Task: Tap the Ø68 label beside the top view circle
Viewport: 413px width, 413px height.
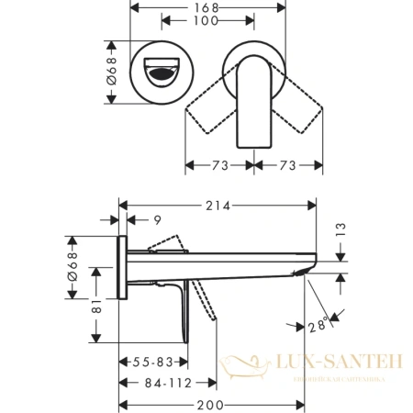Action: click(x=113, y=72)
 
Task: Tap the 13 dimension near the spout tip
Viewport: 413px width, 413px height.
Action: click(x=340, y=229)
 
